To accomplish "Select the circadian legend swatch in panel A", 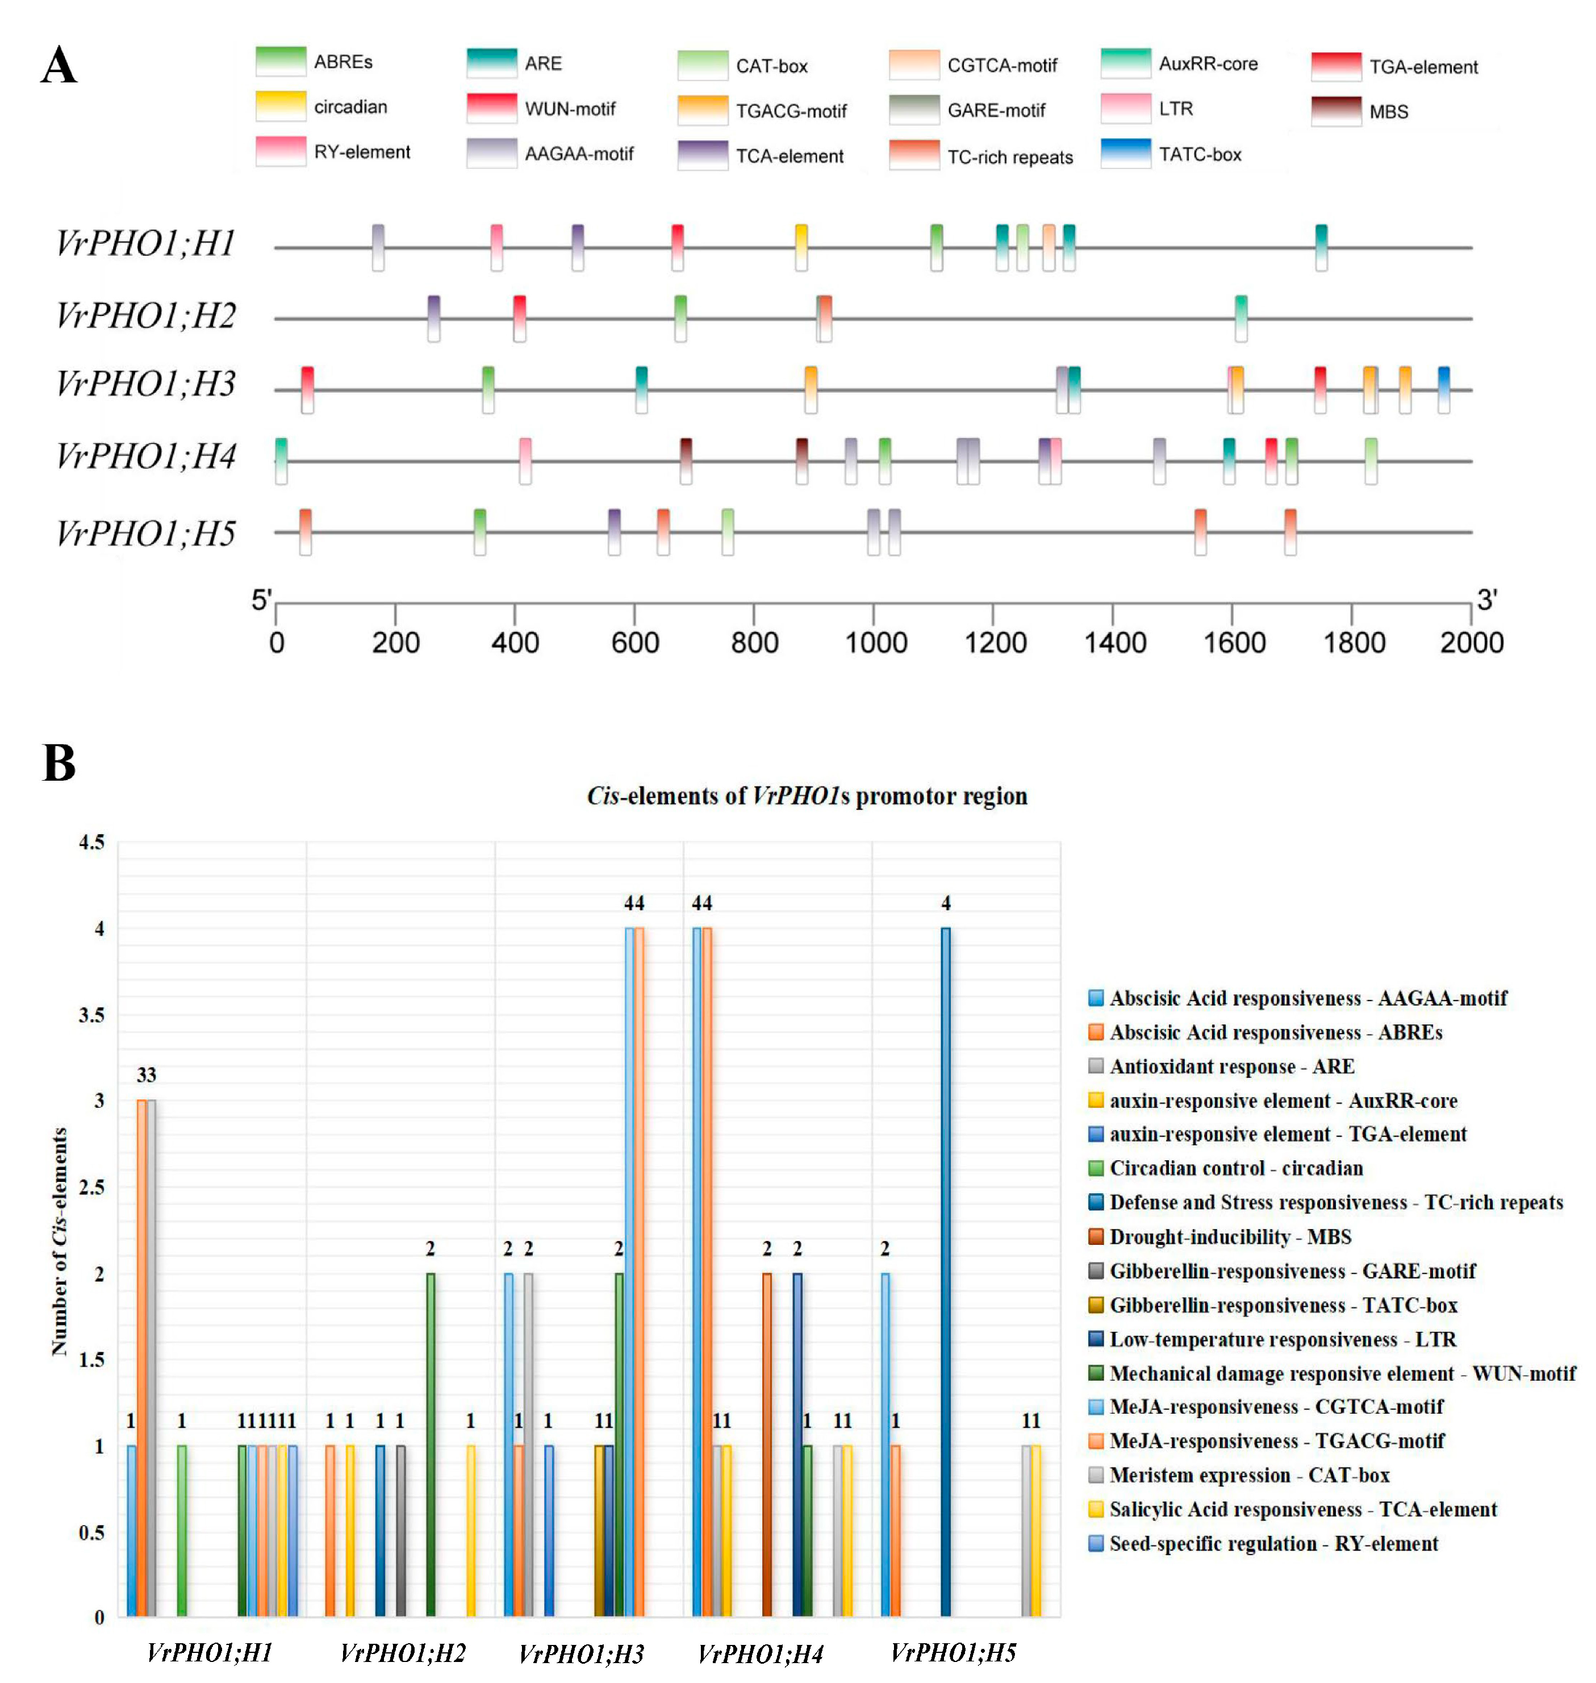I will coord(280,106).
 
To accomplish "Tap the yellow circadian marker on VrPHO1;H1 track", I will coord(800,247).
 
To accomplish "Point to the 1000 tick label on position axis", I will coord(875,643).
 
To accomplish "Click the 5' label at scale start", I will coord(260,601).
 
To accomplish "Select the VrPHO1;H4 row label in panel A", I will coord(145,457).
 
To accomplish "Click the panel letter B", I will coord(59,763).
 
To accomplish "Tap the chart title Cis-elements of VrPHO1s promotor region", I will coord(807,795).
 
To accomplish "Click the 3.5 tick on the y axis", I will coord(92,1015).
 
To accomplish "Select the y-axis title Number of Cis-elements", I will coord(59,1242).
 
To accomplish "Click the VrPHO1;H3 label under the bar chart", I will coord(581,1654).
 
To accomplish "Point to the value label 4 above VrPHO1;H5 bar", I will coord(945,903).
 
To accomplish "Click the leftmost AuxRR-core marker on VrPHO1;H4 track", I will coord(281,460).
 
